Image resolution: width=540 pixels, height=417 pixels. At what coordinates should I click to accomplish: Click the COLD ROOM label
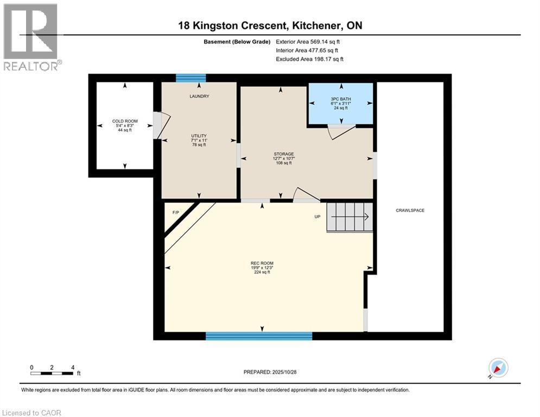tap(125, 121)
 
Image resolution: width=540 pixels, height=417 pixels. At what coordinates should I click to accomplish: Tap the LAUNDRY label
tap(199, 96)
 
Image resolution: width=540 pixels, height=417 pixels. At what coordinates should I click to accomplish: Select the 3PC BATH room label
tap(341, 99)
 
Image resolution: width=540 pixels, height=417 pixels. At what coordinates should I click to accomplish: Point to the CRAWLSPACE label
tap(410, 210)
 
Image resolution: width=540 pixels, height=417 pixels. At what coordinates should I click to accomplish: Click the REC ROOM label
tap(262, 263)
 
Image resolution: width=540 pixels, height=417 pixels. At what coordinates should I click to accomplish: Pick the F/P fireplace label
tap(176, 212)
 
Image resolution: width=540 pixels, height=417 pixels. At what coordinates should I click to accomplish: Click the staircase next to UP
tap(350, 217)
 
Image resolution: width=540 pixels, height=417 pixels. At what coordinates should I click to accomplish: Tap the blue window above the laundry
tap(191, 78)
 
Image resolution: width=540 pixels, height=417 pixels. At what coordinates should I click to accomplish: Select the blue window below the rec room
tap(259, 336)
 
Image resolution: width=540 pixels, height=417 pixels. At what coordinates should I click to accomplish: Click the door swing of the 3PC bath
tap(341, 132)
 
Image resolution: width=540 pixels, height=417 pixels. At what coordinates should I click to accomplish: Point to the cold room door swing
tap(162, 126)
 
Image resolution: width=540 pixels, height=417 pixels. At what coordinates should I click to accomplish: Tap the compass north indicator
tap(498, 368)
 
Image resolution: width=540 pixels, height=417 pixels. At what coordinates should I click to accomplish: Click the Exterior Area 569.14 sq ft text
tap(308, 42)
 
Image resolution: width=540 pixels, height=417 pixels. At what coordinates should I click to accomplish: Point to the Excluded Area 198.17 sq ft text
tap(309, 59)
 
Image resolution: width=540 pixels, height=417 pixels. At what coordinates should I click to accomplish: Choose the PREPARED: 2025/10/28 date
tap(270, 372)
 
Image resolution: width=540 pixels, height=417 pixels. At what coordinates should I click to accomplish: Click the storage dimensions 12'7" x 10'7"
tap(284, 159)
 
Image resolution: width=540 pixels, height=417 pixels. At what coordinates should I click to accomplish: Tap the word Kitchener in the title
tap(316, 26)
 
